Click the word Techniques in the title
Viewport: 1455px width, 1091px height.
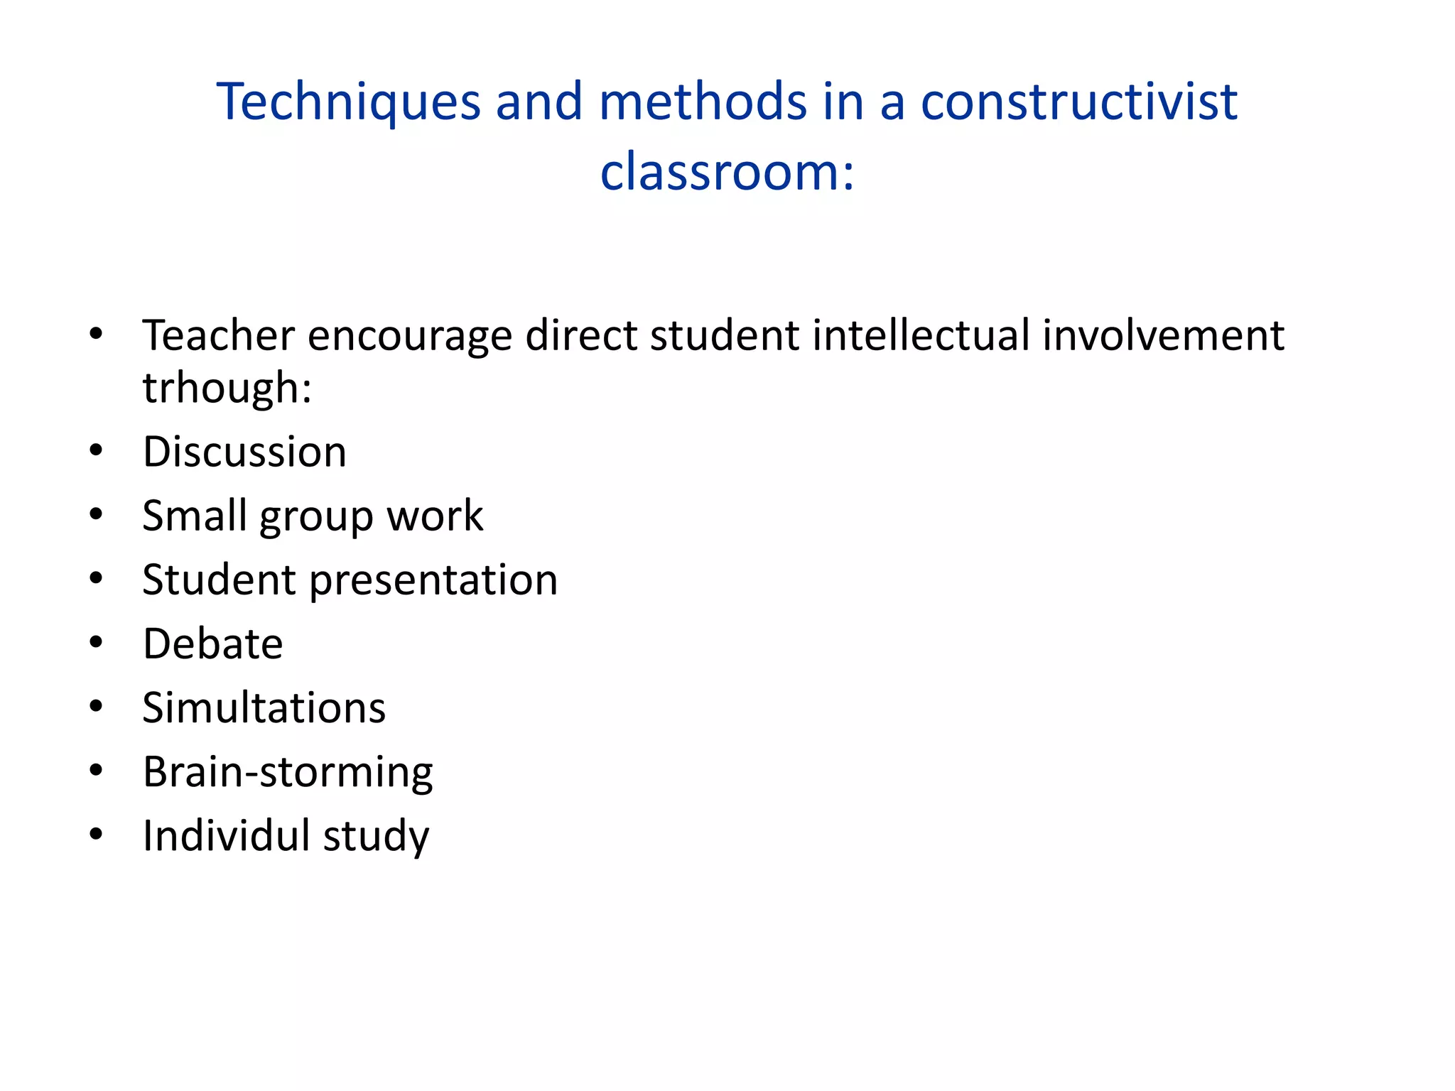[x=348, y=102]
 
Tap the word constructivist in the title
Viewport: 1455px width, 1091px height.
[x=1079, y=102]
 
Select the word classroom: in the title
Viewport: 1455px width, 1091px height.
[x=727, y=172]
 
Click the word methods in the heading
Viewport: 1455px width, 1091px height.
[x=703, y=102]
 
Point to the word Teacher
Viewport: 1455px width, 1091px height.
[x=218, y=335]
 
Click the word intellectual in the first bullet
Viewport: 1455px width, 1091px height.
[x=921, y=335]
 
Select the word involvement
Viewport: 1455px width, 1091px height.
[x=1163, y=335]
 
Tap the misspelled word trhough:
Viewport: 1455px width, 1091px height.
[x=227, y=388]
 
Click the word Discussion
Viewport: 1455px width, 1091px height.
[x=244, y=452]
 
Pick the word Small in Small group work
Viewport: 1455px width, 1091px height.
[x=194, y=516]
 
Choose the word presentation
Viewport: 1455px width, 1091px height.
[x=433, y=580]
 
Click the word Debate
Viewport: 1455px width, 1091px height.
[x=212, y=644]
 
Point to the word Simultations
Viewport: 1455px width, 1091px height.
[x=264, y=708]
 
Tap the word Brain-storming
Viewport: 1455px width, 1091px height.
[x=288, y=772]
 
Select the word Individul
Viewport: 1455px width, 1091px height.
[x=226, y=835]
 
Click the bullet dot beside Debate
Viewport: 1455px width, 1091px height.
[x=96, y=643]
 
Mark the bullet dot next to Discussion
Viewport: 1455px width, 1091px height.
[x=96, y=450]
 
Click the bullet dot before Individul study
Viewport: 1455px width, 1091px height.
[x=96, y=835]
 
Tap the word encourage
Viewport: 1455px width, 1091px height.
[x=410, y=337]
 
